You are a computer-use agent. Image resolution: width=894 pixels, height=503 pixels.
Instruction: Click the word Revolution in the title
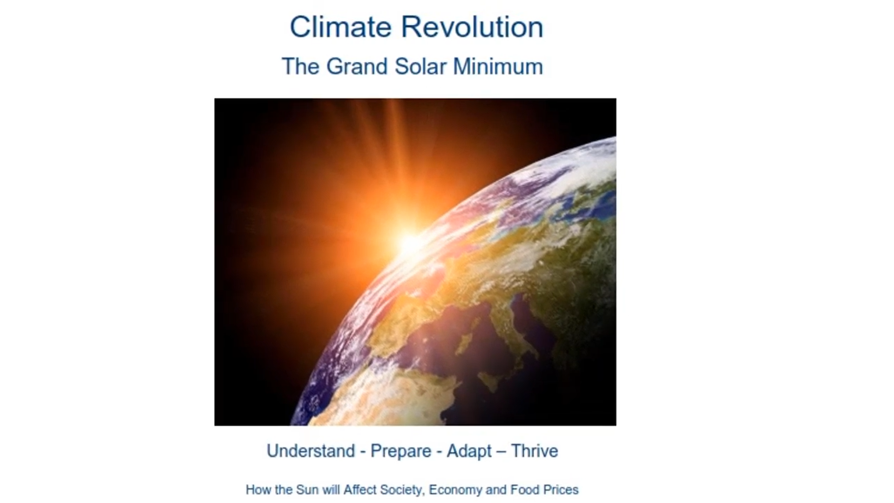coord(472,27)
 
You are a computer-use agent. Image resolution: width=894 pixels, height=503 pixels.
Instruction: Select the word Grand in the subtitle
coord(357,66)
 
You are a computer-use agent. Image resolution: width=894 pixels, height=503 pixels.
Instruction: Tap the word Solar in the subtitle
coord(421,66)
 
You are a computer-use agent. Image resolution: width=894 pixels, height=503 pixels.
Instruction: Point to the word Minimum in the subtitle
coord(498,66)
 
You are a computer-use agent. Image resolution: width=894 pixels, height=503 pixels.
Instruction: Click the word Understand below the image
coord(311,451)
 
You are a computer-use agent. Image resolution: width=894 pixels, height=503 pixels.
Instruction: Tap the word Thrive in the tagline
coord(535,451)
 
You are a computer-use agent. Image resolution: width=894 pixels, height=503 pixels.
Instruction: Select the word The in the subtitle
coord(300,66)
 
